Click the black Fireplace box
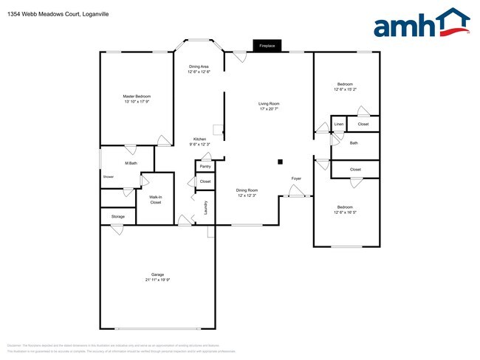point(267,46)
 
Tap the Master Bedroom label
point(137,97)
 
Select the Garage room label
point(157,275)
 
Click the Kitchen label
point(199,139)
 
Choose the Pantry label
point(205,166)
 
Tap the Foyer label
point(296,179)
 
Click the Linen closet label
point(339,124)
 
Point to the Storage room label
point(118,216)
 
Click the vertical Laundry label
point(205,208)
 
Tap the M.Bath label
point(131,162)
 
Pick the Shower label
point(109,177)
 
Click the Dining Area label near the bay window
point(199,66)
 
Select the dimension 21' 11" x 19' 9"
point(157,280)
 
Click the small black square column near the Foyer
point(280,162)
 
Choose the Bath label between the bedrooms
point(354,143)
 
